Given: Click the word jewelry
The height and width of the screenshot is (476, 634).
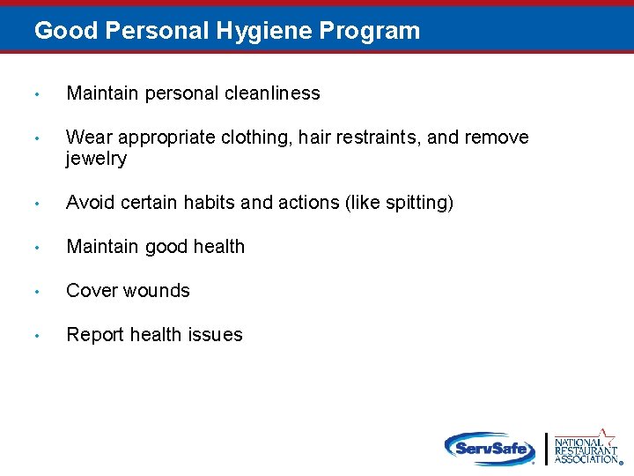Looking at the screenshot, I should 96,160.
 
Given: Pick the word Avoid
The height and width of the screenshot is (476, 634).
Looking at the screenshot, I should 89,203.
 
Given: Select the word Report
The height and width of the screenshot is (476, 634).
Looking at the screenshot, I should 95,335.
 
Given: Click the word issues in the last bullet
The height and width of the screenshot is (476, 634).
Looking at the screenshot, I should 217,335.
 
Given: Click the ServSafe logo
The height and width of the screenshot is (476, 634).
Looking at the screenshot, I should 490,448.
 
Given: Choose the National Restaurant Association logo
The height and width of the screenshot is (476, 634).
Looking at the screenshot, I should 586,448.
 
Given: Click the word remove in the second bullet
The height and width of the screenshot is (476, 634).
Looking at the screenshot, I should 498,138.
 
